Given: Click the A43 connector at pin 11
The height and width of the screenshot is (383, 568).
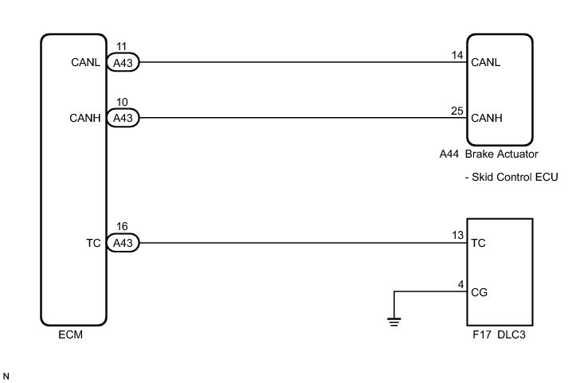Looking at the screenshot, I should tap(123, 62).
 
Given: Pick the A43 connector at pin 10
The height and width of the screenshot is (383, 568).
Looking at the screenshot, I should tap(123, 118).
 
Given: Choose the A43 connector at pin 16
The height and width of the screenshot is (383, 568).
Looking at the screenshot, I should tap(123, 244).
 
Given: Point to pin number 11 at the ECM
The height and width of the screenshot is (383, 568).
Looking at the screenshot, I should tap(121, 48).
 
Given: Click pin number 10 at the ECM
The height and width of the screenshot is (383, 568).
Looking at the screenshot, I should tap(121, 104).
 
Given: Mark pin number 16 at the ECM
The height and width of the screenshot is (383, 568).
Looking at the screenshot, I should tap(121, 229).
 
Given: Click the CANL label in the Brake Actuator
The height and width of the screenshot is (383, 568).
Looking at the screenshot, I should tap(486, 62).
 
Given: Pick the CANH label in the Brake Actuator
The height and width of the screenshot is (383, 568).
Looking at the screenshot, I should tap(487, 118).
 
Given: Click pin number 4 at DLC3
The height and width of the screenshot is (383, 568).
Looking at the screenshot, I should tap(460, 283).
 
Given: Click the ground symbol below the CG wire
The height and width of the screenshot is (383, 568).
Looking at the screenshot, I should tap(392, 321).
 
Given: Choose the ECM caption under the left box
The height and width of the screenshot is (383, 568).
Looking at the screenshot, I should tap(70, 335).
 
